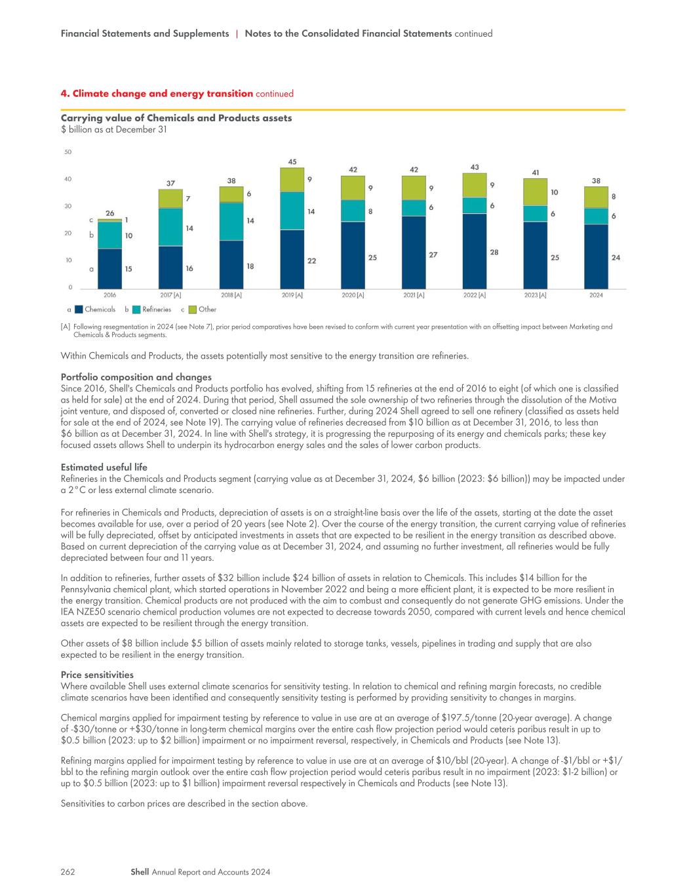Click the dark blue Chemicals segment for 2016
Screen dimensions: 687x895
pyautogui.click(x=109, y=269)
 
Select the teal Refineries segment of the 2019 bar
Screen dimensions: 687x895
pyautogui.click(x=292, y=211)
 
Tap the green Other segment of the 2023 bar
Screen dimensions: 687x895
pyautogui.click(x=535, y=192)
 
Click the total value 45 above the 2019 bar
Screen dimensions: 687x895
pyautogui.click(x=292, y=162)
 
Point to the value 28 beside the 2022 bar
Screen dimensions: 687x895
pyautogui.click(x=494, y=252)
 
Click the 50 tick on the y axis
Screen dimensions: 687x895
pyautogui.click(x=68, y=152)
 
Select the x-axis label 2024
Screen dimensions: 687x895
pyautogui.click(x=596, y=295)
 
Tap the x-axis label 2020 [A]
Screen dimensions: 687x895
pyautogui.click(x=353, y=295)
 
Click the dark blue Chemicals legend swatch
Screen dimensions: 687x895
pyautogui.click(x=79, y=309)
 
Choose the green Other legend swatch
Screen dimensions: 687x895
pyautogui.click(x=193, y=309)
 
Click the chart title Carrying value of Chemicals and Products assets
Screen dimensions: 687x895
pyautogui.click(x=176, y=118)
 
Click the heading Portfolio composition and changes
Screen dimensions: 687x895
pyautogui.click(x=136, y=377)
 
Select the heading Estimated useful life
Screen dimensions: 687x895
pyautogui.click(x=104, y=467)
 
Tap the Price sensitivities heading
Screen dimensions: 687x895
pyautogui.click(x=97, y=675)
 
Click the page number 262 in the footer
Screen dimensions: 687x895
pyautogui.click(x=68, y=871)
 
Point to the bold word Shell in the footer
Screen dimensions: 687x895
pyautogui.click(x=140, y=871)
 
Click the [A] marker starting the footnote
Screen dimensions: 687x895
pyautogui.click(x=66, y=327)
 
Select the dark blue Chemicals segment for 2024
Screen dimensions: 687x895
pyautogui.click(x=596, y=256)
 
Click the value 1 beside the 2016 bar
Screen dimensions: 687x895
pyautogui.click(x=127, y=220)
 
